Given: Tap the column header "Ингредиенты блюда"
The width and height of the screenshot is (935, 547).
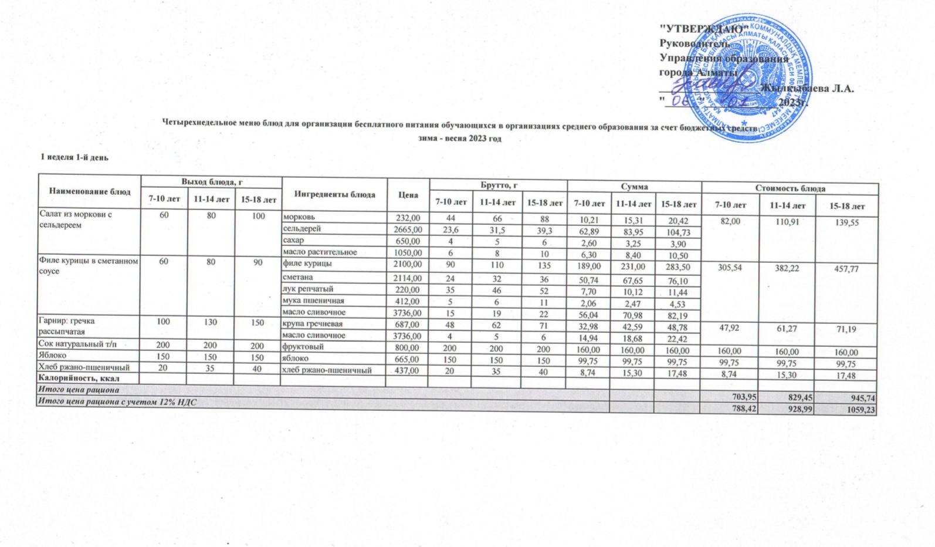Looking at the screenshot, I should coord(334,194).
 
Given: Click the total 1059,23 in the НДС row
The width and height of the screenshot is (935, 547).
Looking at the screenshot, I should coord(859,410).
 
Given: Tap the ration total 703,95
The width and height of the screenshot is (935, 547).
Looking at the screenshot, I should coord(741,398).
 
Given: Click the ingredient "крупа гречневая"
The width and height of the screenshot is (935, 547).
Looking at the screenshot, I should coord(310,324).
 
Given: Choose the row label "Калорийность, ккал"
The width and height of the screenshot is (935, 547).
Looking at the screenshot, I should coord(74,378).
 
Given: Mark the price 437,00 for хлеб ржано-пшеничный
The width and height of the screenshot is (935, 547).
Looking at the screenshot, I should coord(408,371).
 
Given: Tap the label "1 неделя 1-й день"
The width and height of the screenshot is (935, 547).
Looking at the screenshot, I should coord(74,157).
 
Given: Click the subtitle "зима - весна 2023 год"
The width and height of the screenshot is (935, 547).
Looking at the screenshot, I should coord(465,139).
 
